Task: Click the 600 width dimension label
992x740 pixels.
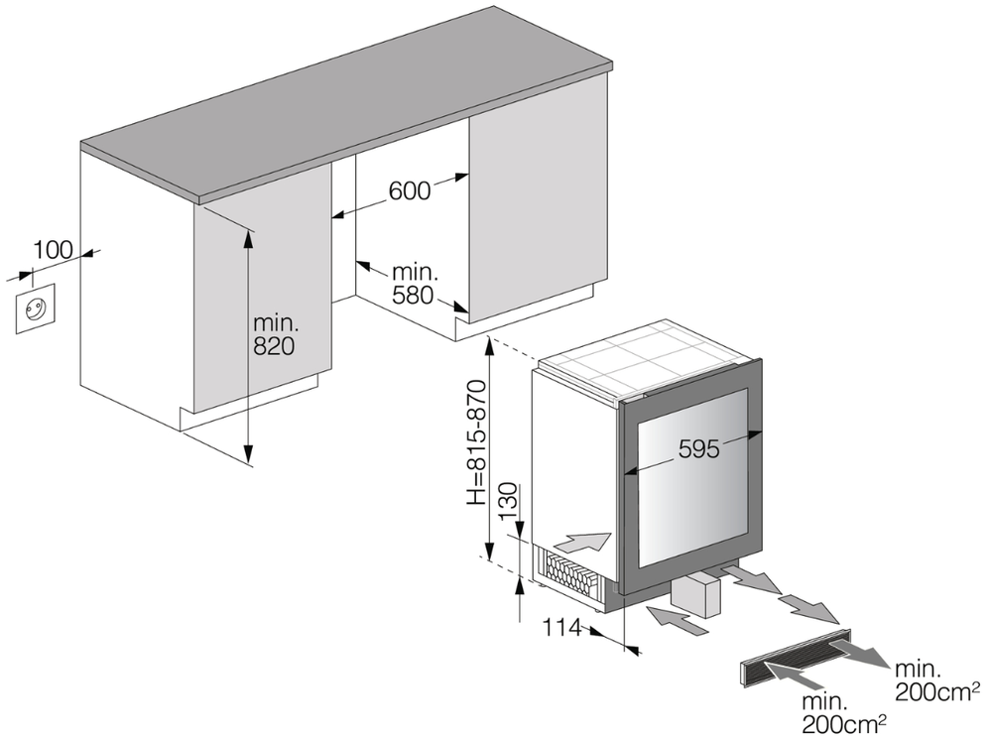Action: pyautogui.click(x=410, y=190)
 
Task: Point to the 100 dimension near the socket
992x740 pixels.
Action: pyautogui.click(x=53, y=250)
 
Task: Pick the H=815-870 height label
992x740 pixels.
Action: pyautogui.click(x=477, y=442)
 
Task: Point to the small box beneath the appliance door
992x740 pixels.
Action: pyautogui.click(x=698, y=599)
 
